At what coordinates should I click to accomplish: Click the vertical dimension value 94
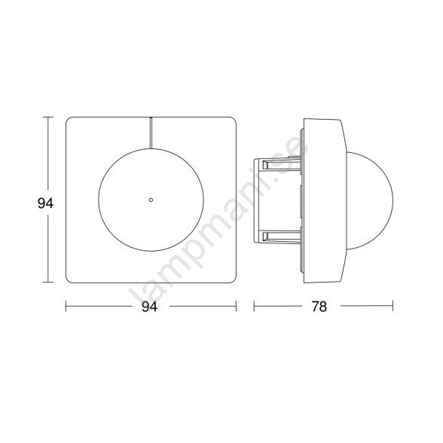(45, 203)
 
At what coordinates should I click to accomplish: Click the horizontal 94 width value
(149, 306)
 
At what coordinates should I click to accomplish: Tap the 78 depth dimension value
(319, 306)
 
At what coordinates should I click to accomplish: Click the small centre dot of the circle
(151, 200)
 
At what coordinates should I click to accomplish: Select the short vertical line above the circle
(151, 133)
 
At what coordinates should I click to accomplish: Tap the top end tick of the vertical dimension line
(48, 118)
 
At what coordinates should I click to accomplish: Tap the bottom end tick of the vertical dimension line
(48, 282)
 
